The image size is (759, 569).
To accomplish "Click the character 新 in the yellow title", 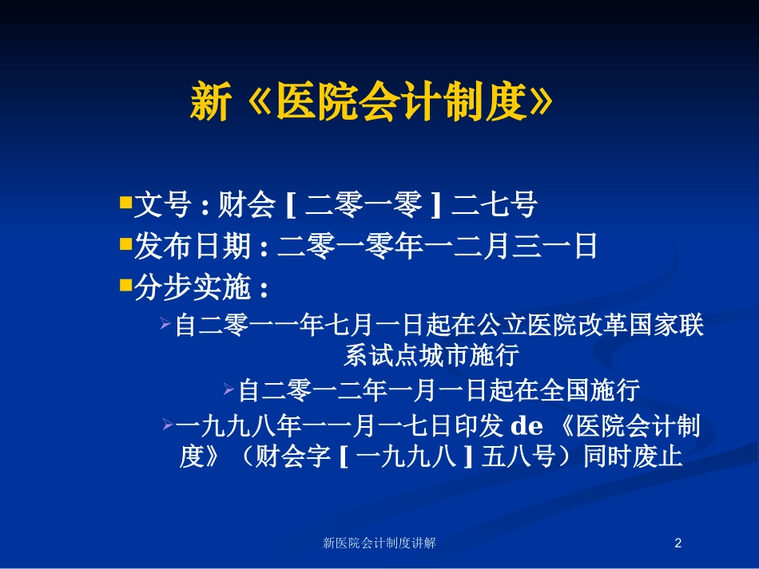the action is [x=211, y=101].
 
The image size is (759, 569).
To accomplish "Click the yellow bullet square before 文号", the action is [x=126, y=202].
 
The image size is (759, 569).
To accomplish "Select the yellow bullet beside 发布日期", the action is [x=126, y=243].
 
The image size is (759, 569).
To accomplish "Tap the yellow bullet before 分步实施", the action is [x=126, y=285].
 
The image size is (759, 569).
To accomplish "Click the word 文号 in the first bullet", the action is [x=162, y=204].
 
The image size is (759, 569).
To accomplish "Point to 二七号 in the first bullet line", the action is [x=494, y=204].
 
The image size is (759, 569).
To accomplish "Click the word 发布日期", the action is [x=193, y=246].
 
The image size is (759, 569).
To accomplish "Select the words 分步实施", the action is [x=193, y=287].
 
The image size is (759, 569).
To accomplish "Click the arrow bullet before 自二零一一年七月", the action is [x=165, y=323].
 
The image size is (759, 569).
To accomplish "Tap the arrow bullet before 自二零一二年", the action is [x=229, y=389].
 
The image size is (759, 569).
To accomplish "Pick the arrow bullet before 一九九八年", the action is [x=168, y=425].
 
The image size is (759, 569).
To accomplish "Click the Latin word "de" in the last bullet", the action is [x=527, y=426].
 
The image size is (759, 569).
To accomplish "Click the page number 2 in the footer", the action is [x=678, y=543].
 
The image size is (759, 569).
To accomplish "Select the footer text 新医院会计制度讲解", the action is [x=379, y=543].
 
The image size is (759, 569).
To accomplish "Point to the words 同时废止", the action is [x=633, y=456].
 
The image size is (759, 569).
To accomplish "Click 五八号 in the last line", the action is [x=518, y=456].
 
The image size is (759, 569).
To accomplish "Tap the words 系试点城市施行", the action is [x=431, y=355].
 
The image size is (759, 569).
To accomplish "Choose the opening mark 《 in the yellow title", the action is [x=259, y=101].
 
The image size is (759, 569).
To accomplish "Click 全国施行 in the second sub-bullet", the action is [x=590, y=390].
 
